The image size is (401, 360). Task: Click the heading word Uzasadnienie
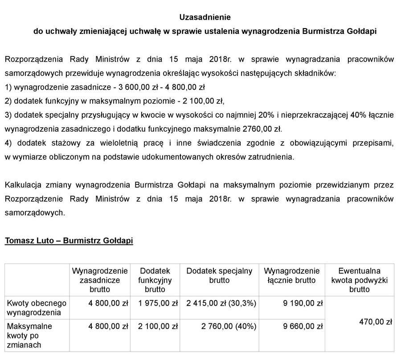[x=200, y=18]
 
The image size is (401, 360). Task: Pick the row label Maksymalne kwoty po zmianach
[x=29, y=336]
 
